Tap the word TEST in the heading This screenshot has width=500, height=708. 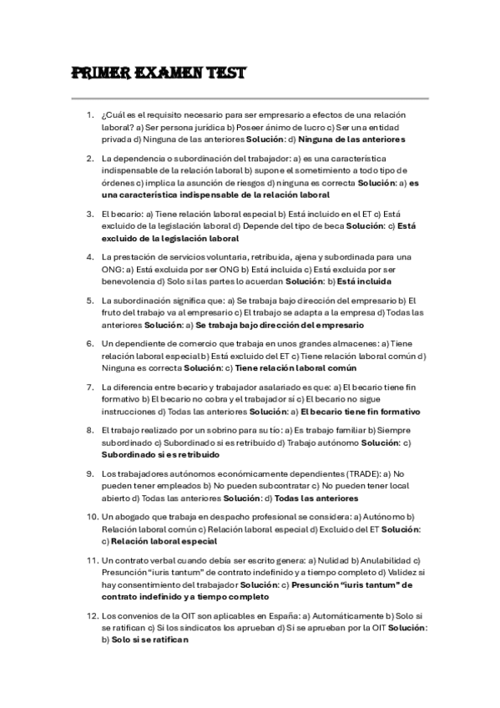[220, 73]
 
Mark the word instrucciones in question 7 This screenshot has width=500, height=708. [127, 412]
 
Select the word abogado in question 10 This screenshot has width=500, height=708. [132, 518]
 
